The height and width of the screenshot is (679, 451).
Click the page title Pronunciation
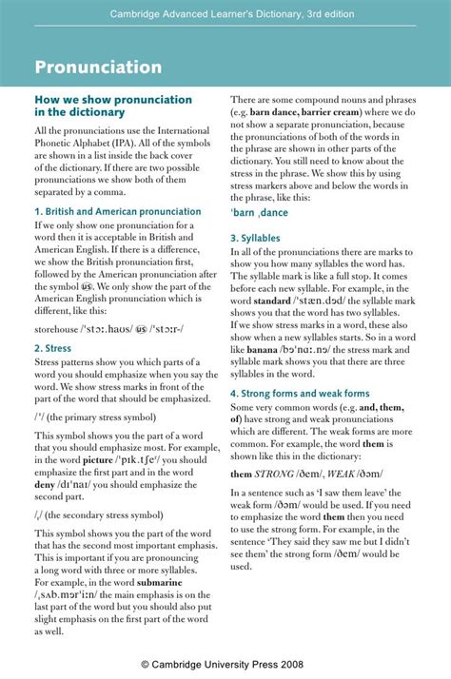98,68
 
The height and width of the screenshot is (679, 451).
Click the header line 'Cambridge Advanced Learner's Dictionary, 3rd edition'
225,13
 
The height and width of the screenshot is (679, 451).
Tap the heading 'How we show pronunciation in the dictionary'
113,106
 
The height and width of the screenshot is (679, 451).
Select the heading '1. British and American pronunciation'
118,211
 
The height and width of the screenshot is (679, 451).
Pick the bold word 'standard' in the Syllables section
271,301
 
